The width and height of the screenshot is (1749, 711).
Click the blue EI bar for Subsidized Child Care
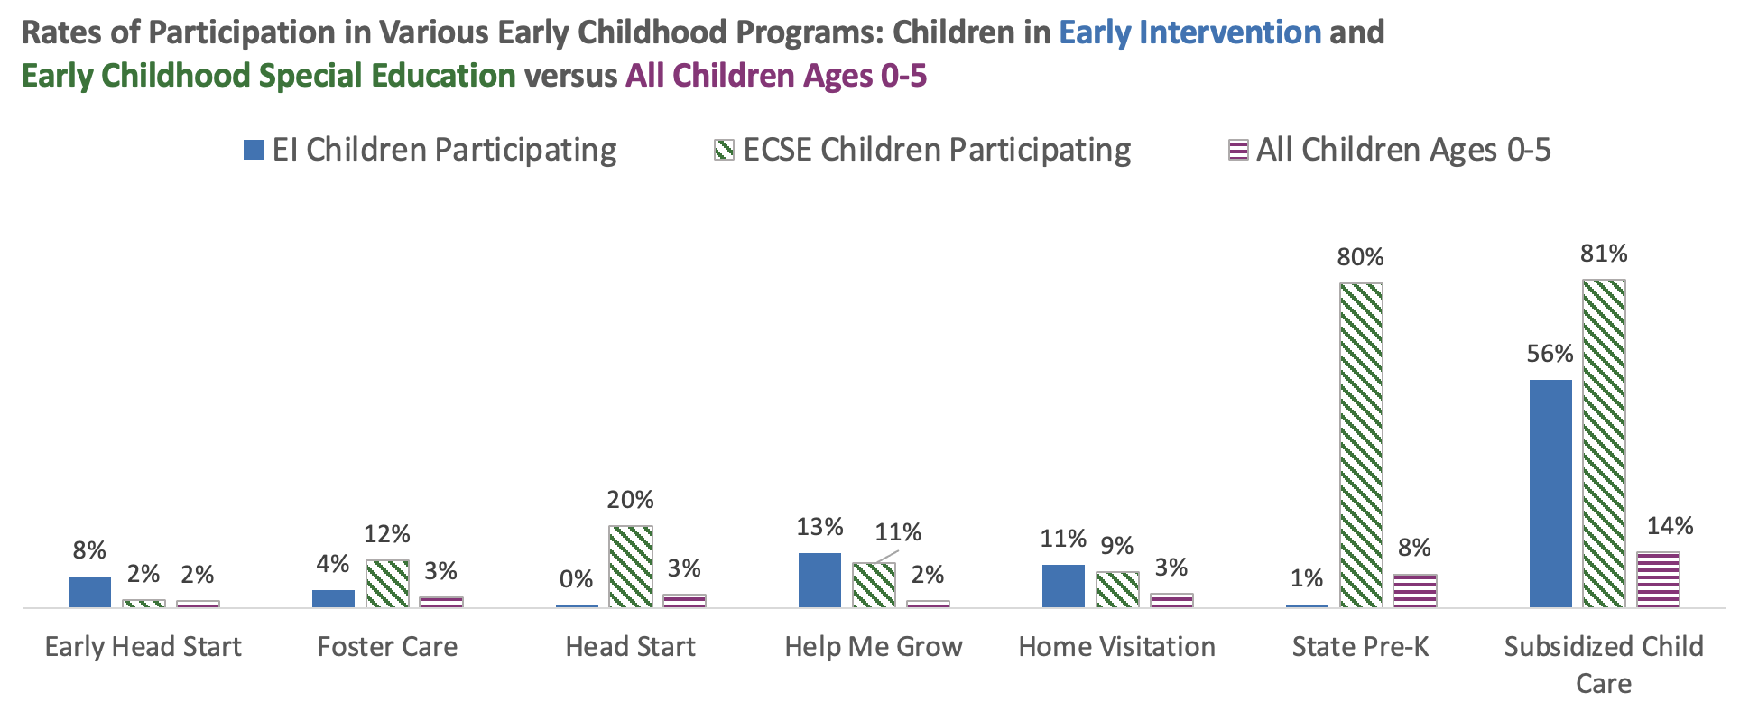tap(1550, 493)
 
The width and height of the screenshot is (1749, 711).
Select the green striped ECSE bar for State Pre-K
tap(1361, 445)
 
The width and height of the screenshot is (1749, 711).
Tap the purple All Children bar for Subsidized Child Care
tap(1658, 579)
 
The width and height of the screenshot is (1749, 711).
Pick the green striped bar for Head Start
tap(631, 567)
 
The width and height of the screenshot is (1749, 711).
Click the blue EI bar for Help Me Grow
tap(819, 580)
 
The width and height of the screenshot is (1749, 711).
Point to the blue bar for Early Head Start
tap(89, 592)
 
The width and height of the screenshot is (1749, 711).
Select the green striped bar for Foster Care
tap(387, 584)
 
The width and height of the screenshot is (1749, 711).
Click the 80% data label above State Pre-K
tap(1360, 258)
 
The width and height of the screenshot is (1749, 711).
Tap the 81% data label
tap(1604, 254)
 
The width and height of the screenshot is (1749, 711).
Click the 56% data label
tap(1550, 354)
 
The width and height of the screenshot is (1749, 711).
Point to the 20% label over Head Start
tap(630, 500)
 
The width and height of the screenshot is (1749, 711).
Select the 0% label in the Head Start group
tap(576, 579)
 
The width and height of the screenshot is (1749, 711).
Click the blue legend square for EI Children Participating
tap(254, 150)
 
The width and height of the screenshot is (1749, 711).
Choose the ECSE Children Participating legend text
tap(936, 150)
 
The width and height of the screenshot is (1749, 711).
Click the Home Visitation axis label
tap(1116, 647)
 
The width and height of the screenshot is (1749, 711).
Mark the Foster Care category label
tap(387, 647)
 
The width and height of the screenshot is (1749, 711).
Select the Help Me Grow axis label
tap(874, 647)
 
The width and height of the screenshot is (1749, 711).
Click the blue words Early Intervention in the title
tap(1189, 32)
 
